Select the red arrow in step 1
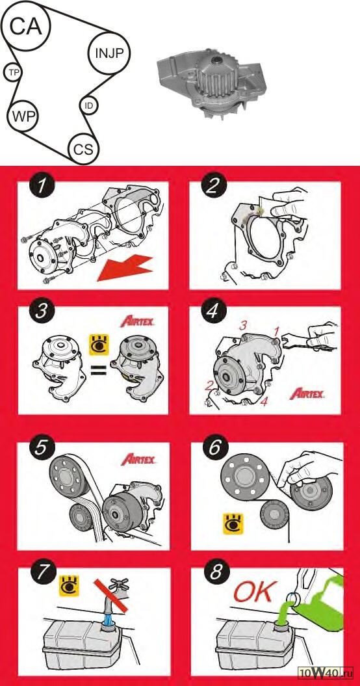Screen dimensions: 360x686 125,268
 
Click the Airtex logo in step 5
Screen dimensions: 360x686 138,460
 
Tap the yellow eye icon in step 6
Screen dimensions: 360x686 233,523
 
